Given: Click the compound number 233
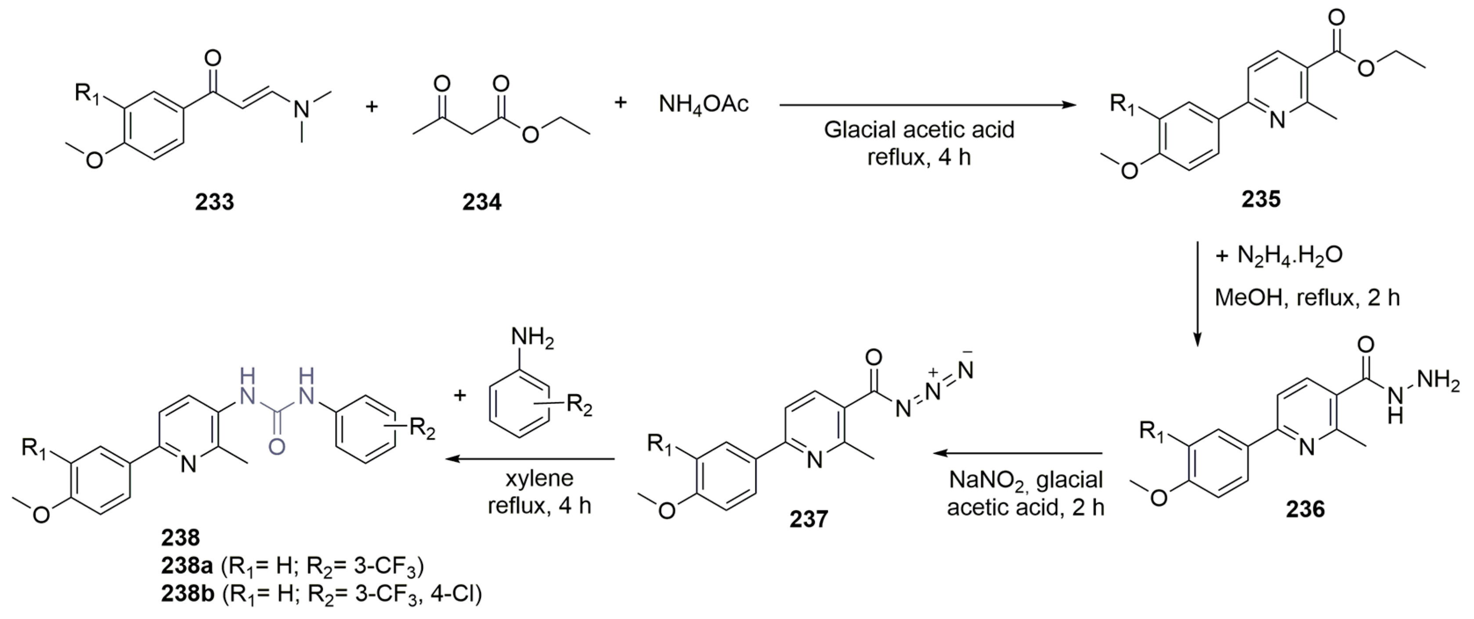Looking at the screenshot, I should point(214,202).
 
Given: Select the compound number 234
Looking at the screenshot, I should point(482,202).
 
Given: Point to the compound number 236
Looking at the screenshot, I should point(1305,508).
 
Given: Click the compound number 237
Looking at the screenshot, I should point(809,519).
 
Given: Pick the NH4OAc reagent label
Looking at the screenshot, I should point(704,104).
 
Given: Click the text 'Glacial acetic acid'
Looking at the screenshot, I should point(919,130).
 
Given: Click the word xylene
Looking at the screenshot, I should point(539,478).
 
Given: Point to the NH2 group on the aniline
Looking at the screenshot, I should point(533,338).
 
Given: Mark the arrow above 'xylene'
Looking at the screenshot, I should point(531,459).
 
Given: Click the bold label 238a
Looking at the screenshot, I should point(187,566).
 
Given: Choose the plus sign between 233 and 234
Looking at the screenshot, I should point(372,106).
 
